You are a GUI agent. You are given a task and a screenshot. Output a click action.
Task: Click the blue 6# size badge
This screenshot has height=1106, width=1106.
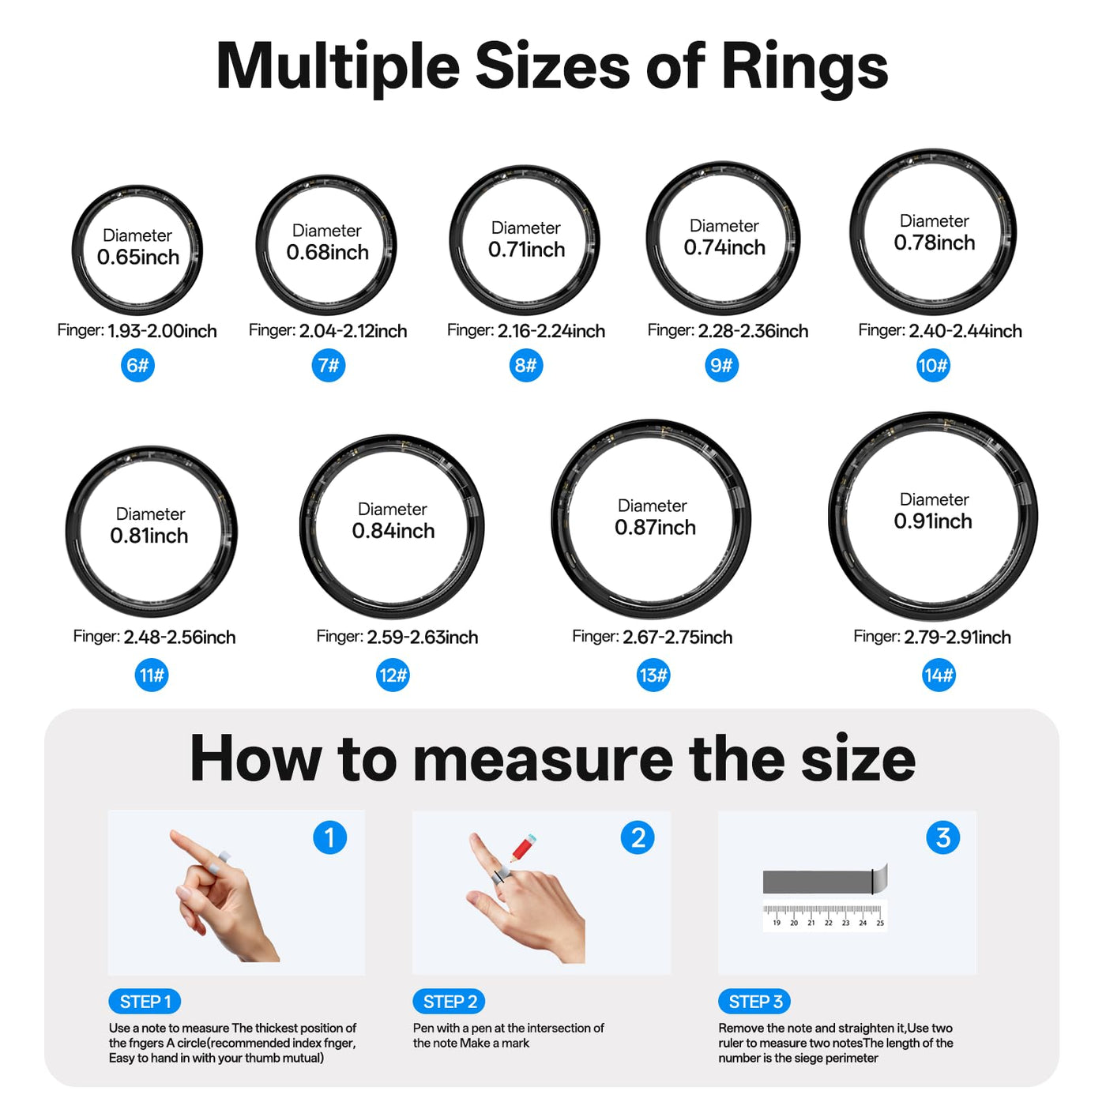(x=137, y=365)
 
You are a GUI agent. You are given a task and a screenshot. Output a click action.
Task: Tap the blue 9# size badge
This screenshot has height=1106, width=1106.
(x=721, y=365)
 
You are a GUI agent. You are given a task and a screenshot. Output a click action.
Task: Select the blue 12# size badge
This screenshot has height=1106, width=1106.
(x=393, y=675)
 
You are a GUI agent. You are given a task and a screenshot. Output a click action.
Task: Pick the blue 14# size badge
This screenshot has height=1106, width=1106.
(x=939, y=675)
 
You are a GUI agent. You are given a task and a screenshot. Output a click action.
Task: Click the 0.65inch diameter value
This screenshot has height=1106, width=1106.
(x=138, y=257)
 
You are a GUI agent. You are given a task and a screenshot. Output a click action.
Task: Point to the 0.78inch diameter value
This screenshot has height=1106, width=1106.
(x=935, y=243)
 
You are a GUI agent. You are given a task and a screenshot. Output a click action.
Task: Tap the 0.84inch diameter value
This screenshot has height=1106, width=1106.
(x=393, y=531)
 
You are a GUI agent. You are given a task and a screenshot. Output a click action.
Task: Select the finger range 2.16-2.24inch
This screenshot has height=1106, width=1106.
(x=551, y=331)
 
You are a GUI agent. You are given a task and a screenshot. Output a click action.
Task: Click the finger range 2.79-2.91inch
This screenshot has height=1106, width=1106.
(x=957, y=637)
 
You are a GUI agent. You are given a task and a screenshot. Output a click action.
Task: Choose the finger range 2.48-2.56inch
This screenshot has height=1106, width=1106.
(x=179, y=637)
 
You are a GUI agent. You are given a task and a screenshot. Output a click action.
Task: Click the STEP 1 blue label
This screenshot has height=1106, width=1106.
(x=145, y=1002)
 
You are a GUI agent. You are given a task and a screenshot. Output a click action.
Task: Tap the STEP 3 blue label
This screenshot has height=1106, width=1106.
(x=754, y=1002)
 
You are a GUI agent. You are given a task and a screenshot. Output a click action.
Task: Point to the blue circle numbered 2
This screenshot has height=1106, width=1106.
(x=638, y=837)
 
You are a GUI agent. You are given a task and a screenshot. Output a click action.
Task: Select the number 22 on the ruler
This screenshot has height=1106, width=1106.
(x=828, y=923)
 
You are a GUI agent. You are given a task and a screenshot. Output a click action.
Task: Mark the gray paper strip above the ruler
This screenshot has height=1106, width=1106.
(x=825, y=881)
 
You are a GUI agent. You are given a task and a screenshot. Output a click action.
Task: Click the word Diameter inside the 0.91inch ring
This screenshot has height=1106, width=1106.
(x=934, y=499)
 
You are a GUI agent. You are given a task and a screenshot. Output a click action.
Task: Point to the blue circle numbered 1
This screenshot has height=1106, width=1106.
(x=330, y=837)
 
